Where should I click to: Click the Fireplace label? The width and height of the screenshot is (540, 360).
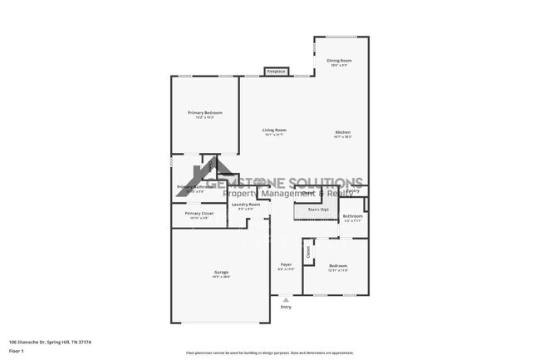[x=276, y=72]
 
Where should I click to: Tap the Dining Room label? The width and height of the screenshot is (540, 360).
[x=339, y=61]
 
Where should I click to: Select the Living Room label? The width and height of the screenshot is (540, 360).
[x=274, y=131]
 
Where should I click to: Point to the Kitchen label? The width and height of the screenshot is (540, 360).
[x=343, y=132]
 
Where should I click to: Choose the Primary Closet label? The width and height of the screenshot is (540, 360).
[x=199, y=214]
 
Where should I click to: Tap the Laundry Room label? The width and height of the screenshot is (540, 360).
[x=246, y=205]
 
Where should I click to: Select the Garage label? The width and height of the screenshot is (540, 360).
[x=221, y=273]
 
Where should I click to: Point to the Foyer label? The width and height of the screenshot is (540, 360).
[x=285, y=265]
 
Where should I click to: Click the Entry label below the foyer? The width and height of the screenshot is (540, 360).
[x=286, y=307]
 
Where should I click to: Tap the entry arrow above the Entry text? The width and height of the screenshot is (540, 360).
[x=286, y=299]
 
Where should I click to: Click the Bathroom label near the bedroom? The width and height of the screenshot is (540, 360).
[x=352, y=216]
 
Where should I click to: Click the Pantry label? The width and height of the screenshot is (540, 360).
[x=353, y=191]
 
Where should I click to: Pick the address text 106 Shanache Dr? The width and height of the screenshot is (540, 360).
[x=50, y=341]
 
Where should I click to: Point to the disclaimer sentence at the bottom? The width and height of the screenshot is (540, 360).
[x=269, y=353]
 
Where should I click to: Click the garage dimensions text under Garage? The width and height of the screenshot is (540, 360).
[x=221, y=278]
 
